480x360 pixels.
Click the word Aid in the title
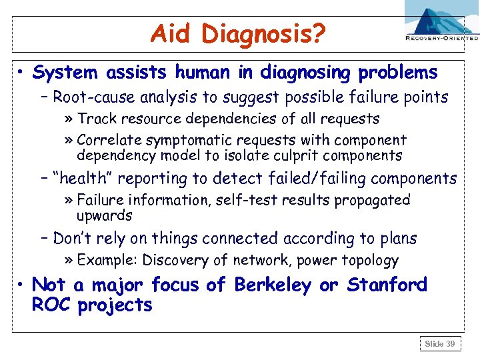click(x=172, y=33)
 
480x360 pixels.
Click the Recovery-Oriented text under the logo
click(x=442, y=39)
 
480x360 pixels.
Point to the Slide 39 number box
click(x=441, y=344)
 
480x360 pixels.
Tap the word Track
click(x=96, y=119)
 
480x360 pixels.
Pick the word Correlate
click(x=108, y=140)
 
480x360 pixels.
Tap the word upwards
click(x=105, y=216)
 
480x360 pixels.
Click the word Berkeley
click(x=273, y=285)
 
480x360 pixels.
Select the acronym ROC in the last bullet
click(x=51, y=305)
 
